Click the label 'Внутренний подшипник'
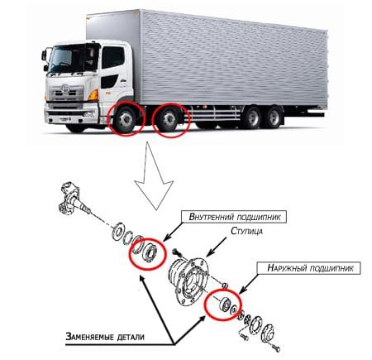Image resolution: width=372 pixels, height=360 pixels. click(235, 217)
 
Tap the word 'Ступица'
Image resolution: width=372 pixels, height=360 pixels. click(246, 231)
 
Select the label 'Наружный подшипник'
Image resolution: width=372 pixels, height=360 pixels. click(310, 268)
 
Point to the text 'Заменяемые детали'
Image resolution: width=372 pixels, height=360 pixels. click(105, 337)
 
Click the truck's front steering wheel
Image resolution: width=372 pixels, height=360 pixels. click(126, 120)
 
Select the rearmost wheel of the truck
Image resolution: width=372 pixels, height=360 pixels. click(273, 118)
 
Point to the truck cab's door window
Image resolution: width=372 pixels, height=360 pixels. click(113, 57)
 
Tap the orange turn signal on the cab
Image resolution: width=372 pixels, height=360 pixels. click(93, 95)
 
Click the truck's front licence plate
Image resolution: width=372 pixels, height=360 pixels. click(65, 119)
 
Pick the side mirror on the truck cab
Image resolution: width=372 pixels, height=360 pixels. click(44, 55)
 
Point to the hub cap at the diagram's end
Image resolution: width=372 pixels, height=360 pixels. click(267, 334)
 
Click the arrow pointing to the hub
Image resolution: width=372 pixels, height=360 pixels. click(217, 247)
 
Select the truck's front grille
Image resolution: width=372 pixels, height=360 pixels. click(64, 94)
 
